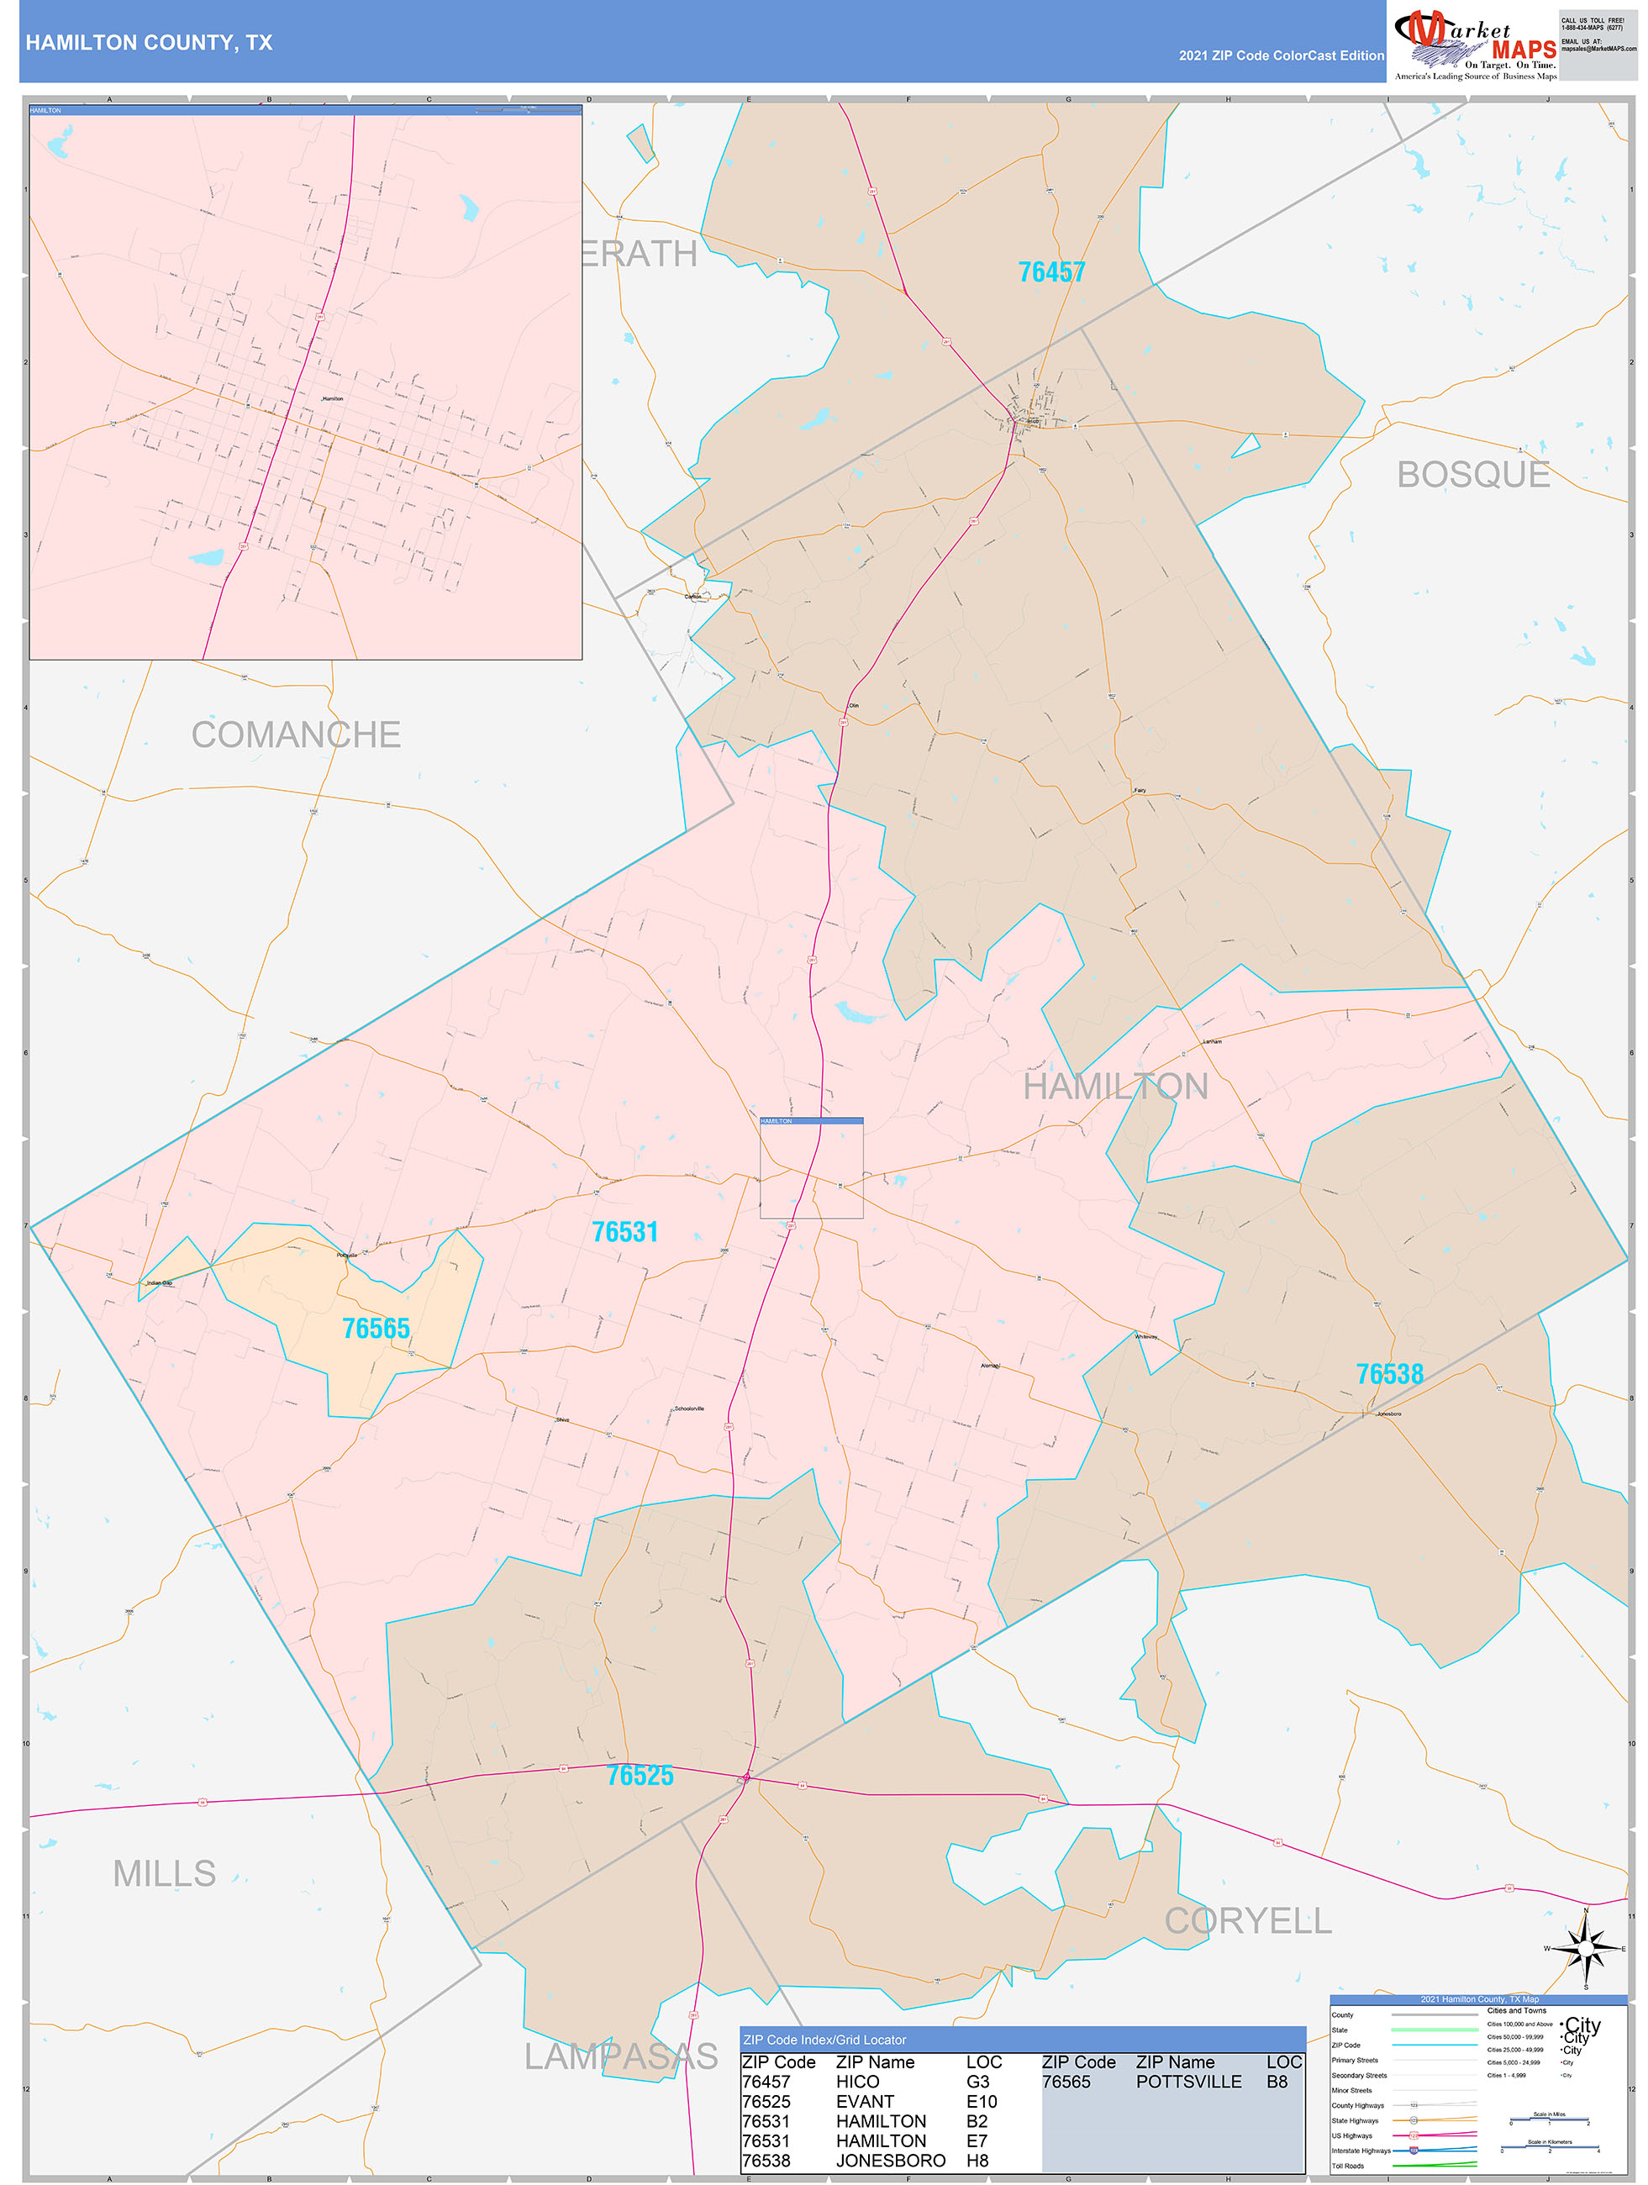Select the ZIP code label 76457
pos(1051,271)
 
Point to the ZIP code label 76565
pos(376,1328)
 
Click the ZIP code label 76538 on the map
pos(1389,1373)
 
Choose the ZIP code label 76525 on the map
pos(640,1775)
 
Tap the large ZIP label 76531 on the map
pos(624,1232)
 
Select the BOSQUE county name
pos(1472,474)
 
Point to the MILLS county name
pos(164,1873)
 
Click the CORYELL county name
pos(1248,1920)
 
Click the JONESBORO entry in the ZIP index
pos(890,2161)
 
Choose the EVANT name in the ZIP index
pos(865,2101)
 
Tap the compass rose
pos(1585,1949)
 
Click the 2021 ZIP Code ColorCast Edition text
pos(1281,55)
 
